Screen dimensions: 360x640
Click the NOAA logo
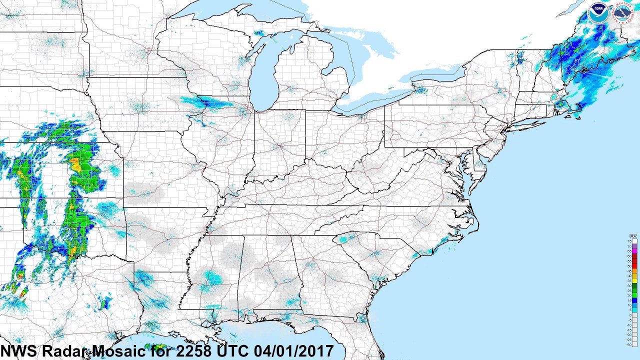598,13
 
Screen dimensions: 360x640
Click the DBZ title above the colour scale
633,236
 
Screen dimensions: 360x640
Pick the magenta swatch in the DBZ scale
634,251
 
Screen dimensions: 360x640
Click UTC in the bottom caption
234,351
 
